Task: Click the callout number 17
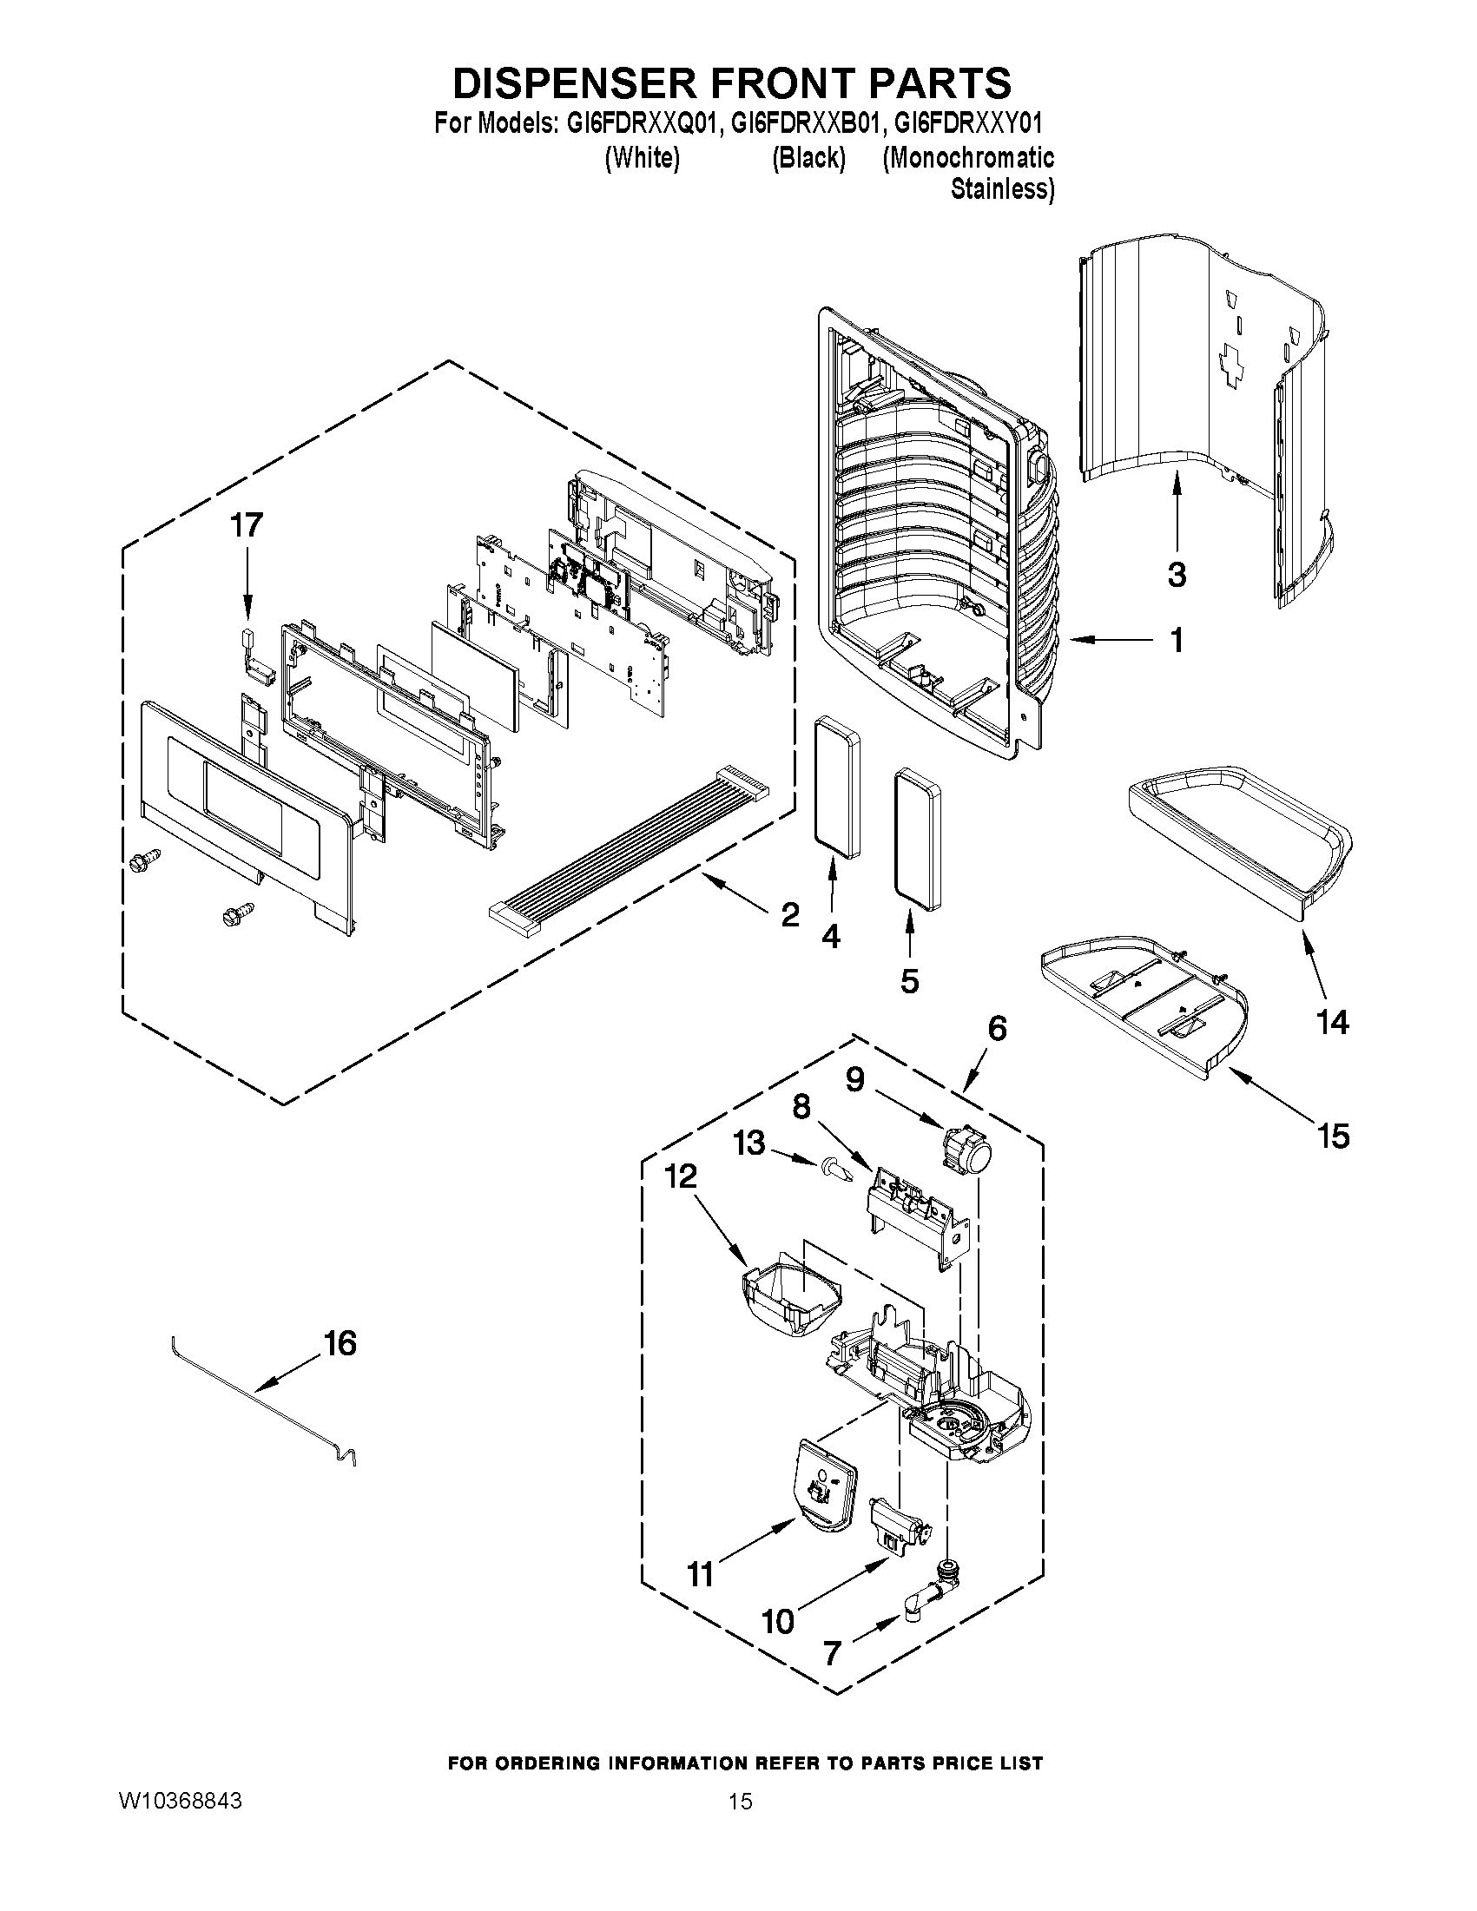pyautogui.click(x=246, y=526)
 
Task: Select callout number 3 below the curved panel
pyautogui.click(x=1177, y=575)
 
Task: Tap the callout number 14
pyautogui.click(x=1332, y=1022)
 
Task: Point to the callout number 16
pyautogui.click(x=340, y=1342)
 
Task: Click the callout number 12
pyautogui.click(x=681, y=1176)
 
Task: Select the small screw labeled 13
pyautogui.click(x=832, y=1166)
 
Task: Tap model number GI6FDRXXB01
pyautogui.click(x=802, y=122)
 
